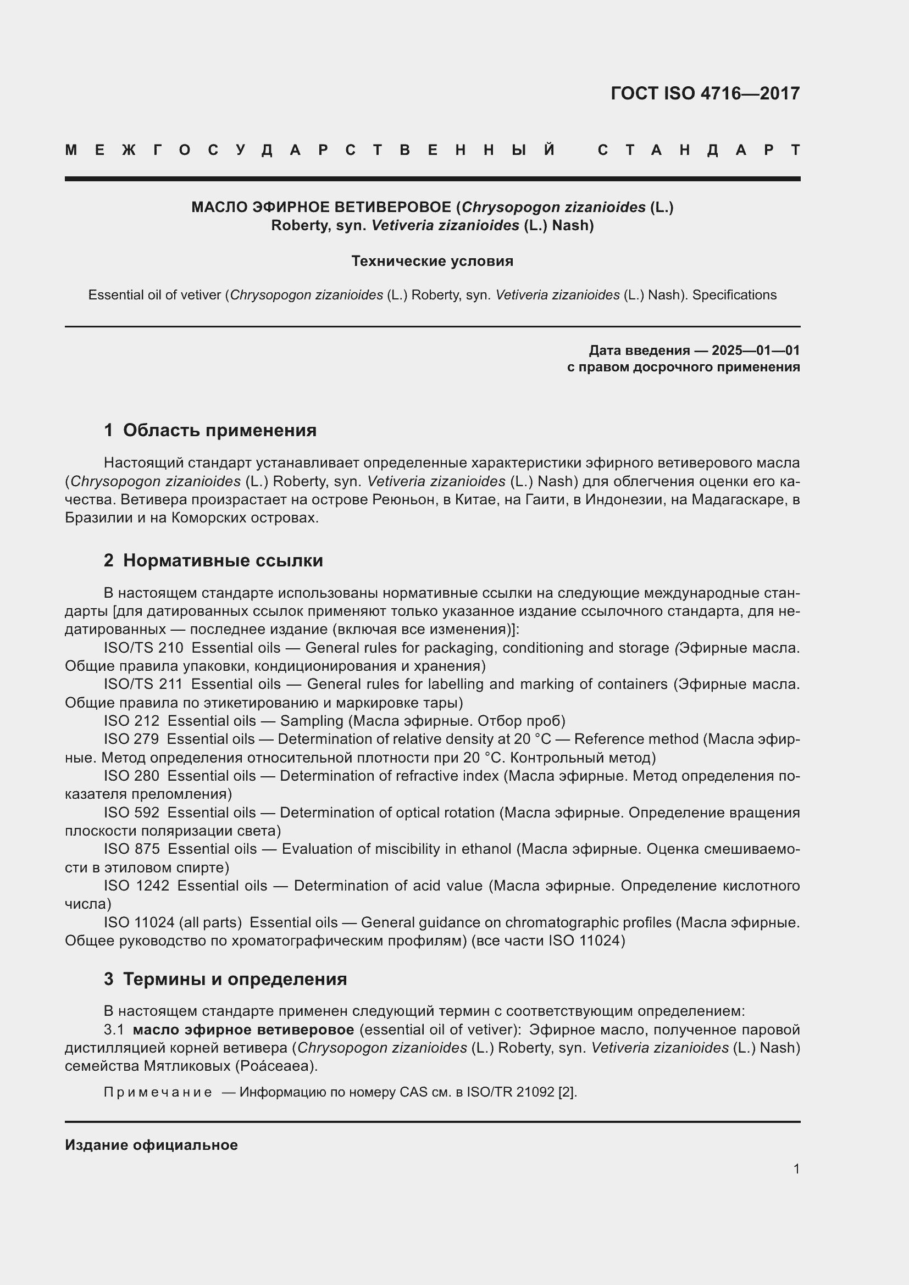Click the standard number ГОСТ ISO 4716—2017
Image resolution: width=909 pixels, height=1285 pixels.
(705, 93)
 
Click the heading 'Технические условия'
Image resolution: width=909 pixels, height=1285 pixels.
(432, 262)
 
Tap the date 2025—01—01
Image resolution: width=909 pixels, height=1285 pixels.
(756, 351)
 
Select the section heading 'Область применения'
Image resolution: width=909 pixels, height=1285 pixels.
(219, 430)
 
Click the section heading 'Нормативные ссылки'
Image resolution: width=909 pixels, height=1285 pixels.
(223, 560)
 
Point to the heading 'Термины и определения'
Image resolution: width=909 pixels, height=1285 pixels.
(235, 979)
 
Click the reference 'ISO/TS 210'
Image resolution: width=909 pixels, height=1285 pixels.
(143, 648)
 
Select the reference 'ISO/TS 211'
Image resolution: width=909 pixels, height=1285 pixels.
(143, 684)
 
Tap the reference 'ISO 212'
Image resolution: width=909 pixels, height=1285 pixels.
(131, 721)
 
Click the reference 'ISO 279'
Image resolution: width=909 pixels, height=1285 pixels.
(131, 739)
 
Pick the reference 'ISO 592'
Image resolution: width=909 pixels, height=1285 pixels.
(131, 812)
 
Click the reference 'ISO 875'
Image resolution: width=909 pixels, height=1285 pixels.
(131, 849)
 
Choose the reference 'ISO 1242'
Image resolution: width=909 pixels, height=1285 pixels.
(137, 886)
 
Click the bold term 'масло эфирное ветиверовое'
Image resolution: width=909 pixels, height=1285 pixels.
(243, 1030)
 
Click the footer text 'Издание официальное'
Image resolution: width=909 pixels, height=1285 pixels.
(151, 1145)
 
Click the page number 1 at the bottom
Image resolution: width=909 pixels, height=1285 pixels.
(796, 1169)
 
